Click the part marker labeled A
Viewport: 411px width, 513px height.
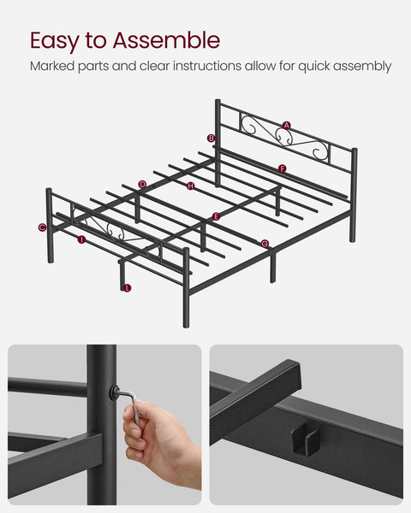(x=287, y=126)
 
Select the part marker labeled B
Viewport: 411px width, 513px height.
(x=211, y=139)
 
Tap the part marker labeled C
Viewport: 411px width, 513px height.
(x=42, y=227)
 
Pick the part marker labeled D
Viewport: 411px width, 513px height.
(x=142, y=184)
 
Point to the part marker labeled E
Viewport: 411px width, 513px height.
(x=216, y=217)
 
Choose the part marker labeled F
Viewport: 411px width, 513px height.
(x=283, y=168)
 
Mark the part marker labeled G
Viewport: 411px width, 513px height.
(x=265, y=244)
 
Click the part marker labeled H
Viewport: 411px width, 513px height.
(x=190, y=186)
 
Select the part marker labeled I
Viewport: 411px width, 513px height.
(x=81, y=239)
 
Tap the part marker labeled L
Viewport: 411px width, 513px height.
(x=127, y=288)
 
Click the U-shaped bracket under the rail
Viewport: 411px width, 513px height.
(x=301, y=441)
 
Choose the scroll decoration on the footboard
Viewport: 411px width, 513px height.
(x=110, y=229)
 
